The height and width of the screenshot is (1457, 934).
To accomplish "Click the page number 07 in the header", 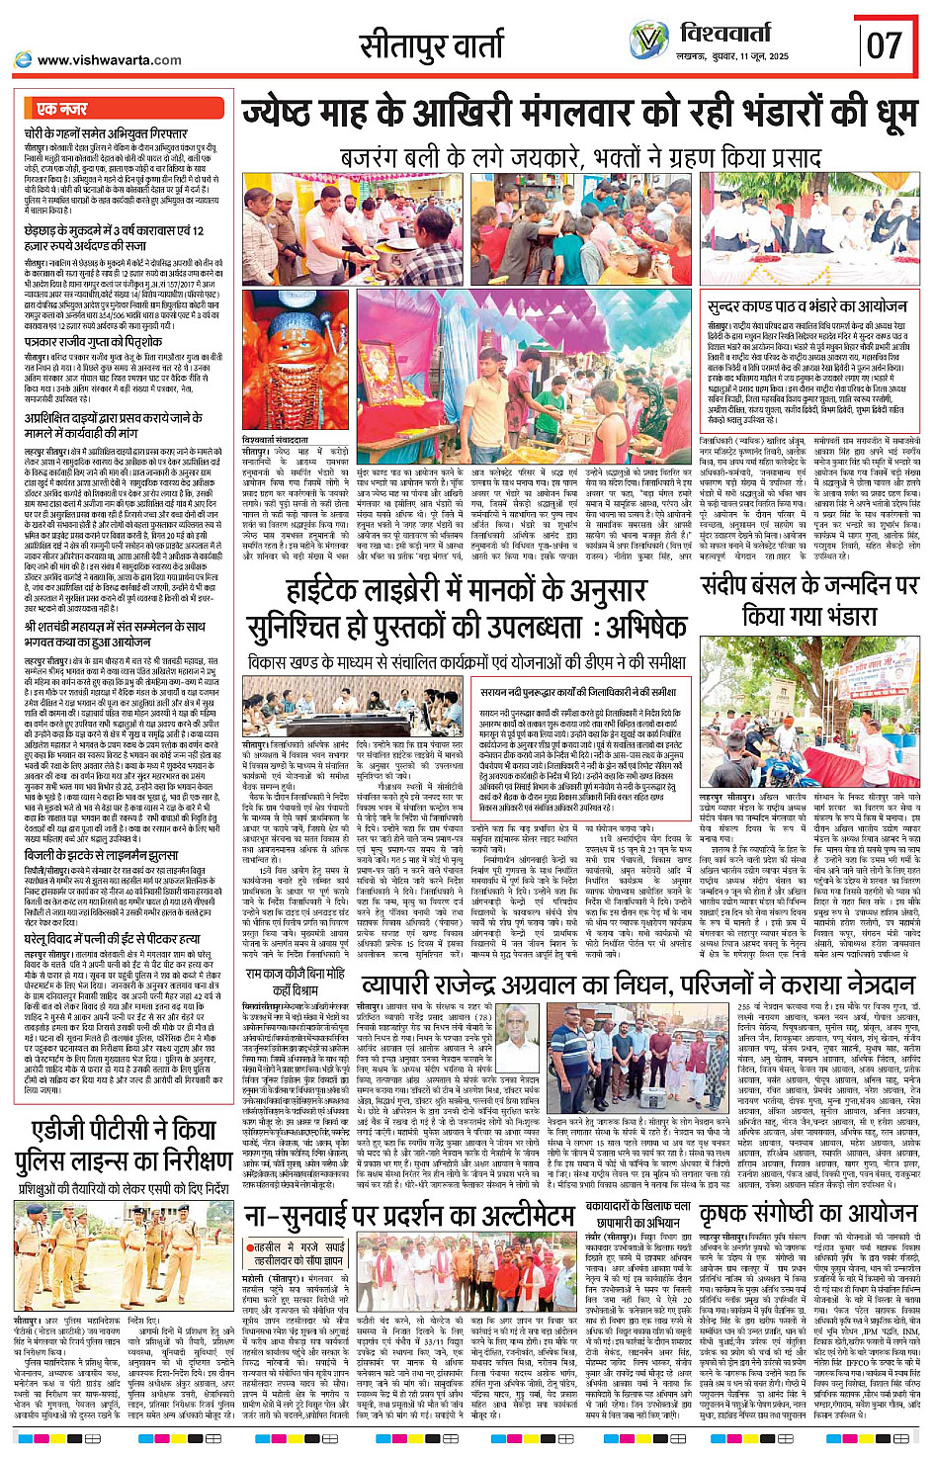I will pos(885,44).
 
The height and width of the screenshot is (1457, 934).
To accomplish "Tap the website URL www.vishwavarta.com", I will pos(109,59).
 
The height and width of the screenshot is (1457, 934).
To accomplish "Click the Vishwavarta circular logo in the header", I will pos(648,41).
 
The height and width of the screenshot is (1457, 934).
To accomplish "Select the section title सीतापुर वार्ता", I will pos(431,45).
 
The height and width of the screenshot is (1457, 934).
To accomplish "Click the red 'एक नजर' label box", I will pos(61,109).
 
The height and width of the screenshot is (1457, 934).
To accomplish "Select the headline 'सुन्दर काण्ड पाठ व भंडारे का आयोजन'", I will pos(807,306).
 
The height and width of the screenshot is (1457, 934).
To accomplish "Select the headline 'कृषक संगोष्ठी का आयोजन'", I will pos(808,1213).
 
